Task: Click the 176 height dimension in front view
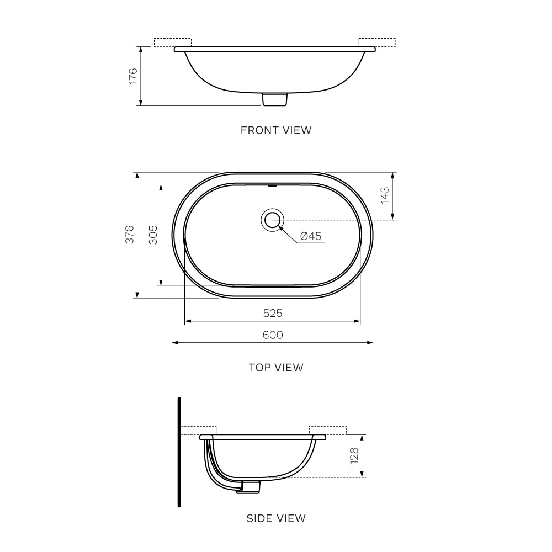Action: coord(132,76)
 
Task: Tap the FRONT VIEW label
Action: coord(276,130)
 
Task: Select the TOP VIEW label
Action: coord(276,367)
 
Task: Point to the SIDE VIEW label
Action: coord(276,518)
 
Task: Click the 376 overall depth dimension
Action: coord(129,235)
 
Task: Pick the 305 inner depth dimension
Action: coord(153,235)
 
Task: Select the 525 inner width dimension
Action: coord(273,313)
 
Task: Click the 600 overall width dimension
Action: coord(273,335)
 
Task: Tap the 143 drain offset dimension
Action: coord(385,195)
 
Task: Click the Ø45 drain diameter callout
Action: coord(311,236)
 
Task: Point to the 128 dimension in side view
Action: coord(354,455)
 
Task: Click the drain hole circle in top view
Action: coord(272,220)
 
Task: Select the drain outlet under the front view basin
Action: coord(275,99)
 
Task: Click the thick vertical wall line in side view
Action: coord(179,451)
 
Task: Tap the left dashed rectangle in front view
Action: coord(172,43)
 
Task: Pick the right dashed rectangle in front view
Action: coord(377,43)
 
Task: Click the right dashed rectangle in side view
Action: coord(327,431)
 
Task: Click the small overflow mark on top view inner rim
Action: coord(271,186)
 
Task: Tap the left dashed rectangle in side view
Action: coord(198,431)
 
